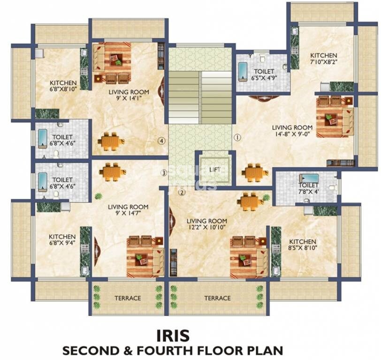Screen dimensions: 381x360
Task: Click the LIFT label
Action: (x=215, y=169)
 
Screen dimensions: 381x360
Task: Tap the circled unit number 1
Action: (x=237, y=138)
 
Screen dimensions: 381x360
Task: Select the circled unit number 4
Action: (x=161, y=141)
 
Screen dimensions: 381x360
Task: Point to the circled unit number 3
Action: (x=164, y=173)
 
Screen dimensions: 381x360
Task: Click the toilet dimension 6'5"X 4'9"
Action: (x=264, y=78)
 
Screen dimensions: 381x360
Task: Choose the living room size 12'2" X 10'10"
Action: (x=206, y=227)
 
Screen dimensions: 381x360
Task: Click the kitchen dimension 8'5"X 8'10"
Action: (x=303, y=248)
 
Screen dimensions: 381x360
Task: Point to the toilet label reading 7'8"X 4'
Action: (x=309, y=192)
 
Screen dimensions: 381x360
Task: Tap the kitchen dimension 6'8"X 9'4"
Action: (x=62, y=243)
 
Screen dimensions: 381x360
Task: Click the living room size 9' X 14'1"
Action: (x=129, y=98)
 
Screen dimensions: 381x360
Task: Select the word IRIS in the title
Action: (x=173, y=336)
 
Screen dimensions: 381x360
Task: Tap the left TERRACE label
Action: (x=128, y=298)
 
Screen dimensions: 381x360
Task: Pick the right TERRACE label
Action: (x=217, y=298)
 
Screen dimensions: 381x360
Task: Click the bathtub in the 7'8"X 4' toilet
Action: (x=309, y=178)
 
